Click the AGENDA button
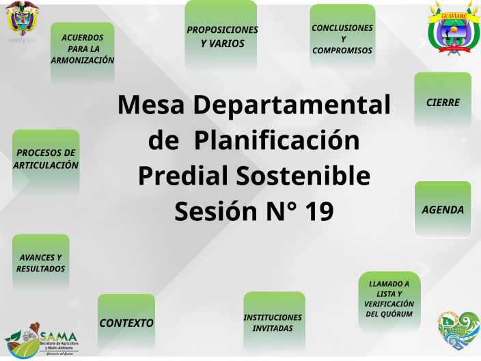[443, 209]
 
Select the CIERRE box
[443, 102]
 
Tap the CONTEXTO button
[126, 322]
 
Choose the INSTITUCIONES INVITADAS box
[273, 322]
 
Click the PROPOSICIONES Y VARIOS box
[221, 36]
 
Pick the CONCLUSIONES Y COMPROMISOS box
[342, 38]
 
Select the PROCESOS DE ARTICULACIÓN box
[46, 159]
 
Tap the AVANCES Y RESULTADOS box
[41, 263]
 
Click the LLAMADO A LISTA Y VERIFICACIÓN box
[389, 299]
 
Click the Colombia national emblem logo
[22, 21]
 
